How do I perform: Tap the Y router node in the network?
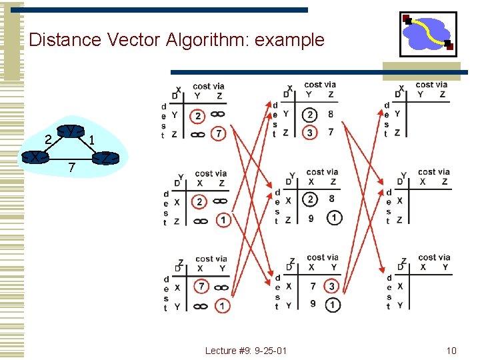coord(69,131)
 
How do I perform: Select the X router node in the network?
coord(34,157)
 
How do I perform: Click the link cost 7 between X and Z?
coord(72,165)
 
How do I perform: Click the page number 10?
coord(451,350)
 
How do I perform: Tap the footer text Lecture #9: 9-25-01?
coord(246,350)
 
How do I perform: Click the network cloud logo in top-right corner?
coord(428,33)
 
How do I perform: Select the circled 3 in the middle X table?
coord(310,133)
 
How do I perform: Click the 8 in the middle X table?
coord(331,114)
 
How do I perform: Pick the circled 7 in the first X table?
coord(220,135)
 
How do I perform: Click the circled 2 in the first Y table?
coord(199,201)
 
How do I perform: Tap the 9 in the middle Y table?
coord(310,218)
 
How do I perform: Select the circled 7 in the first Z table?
coord(201,287)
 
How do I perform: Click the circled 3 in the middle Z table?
coord(332,286)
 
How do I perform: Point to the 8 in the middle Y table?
coord(331,199)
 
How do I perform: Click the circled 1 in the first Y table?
coord(222,220)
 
